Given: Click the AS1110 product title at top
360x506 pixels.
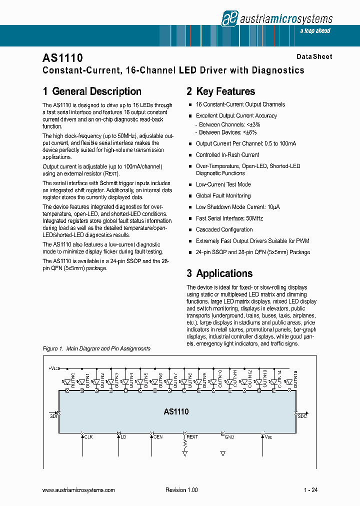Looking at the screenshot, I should point(62,58).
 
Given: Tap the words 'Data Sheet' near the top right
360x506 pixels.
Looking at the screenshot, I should point(314,57).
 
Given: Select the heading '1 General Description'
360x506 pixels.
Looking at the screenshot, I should point(92,91).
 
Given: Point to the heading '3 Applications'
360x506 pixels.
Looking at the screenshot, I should point(219,273).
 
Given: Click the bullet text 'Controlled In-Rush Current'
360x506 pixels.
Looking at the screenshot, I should point(227,155).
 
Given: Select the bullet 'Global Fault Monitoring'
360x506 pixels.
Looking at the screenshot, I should point(223,196).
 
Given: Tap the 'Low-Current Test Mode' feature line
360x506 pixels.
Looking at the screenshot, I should point(223,184).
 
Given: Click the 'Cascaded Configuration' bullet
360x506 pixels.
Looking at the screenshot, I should point(224,230).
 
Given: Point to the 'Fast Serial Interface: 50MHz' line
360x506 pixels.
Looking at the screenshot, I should point(229,218).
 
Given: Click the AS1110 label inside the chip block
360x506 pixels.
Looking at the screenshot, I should point(176,412).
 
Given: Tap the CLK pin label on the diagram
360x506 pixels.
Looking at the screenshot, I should point(88,437).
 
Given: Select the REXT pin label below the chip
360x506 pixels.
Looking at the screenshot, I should point(192,437).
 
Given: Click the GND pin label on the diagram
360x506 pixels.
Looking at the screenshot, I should point(229,437).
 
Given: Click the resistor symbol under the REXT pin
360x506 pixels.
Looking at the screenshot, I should point(185,443).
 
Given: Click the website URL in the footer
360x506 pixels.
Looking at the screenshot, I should point(79,490).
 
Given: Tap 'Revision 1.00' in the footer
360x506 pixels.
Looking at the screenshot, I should point(181,490).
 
